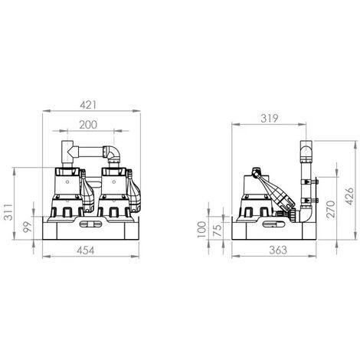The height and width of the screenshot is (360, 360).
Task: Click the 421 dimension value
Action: (x=88, y=105)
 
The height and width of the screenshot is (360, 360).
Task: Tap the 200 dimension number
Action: (x=88, y=125)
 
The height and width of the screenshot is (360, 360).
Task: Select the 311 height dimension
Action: (x=9, y=211)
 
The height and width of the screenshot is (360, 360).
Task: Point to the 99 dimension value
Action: (x=28, y=227)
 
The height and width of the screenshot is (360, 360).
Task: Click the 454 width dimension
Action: (x=86, y=250)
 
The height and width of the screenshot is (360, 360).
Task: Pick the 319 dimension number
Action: (x=270, y=119)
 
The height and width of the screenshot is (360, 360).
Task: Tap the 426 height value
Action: (x=349, y=196)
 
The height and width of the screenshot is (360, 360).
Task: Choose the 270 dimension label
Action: (x=331, y=209)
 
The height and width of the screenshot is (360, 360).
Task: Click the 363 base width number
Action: (x=278, y=250)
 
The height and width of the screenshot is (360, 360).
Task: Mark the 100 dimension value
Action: (x=202, y=229)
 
